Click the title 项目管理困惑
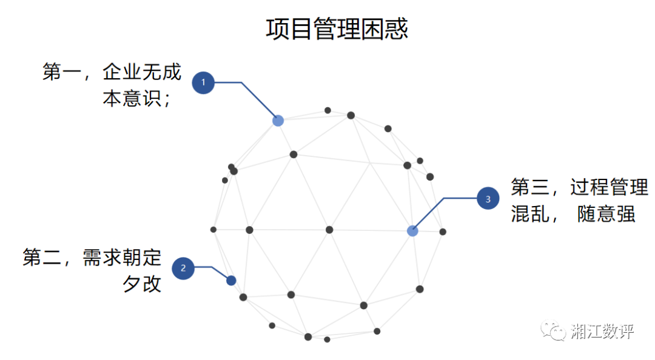click(337, 28)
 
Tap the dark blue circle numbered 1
click(203, 82)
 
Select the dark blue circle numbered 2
click(183, 268)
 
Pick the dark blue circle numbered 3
click(488, 198)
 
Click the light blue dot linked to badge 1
click(278, 121)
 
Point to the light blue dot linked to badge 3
click(412, 231)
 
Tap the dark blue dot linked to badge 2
click(231, 280)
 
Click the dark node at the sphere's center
click(329, 230)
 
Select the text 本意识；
click(136, 99)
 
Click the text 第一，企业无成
click(112, 72)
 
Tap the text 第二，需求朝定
click(92, 257)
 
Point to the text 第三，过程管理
click(579, 187)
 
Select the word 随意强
click(606, 214)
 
